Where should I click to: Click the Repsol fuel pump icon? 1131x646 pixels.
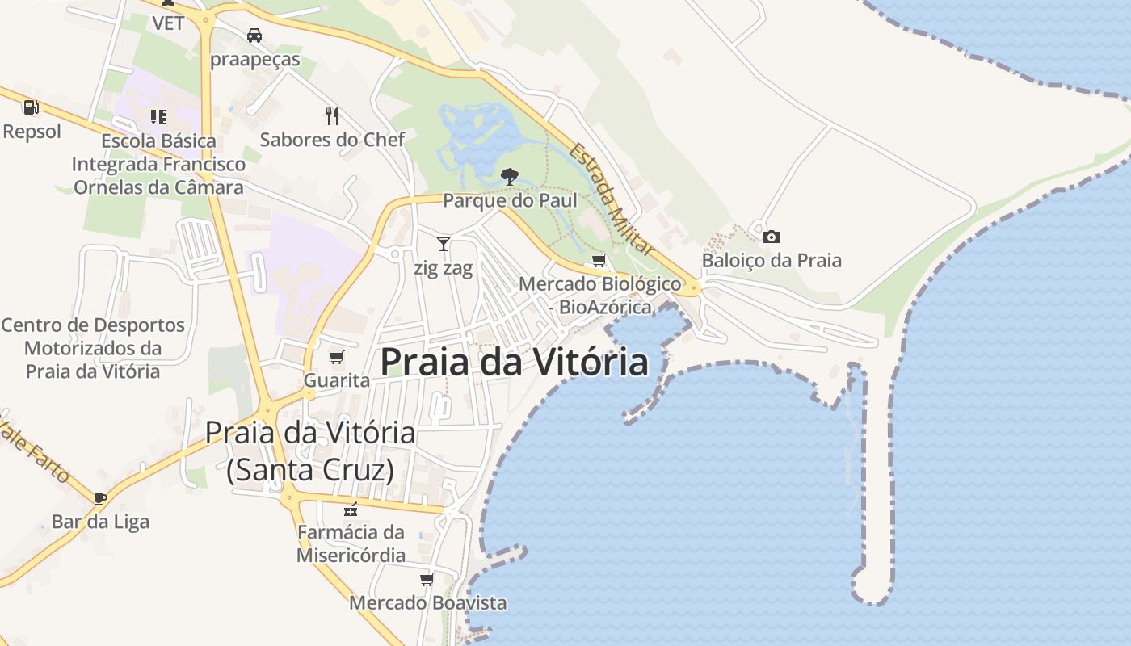point(31,107)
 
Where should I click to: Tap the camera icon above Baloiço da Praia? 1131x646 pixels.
point(772,237)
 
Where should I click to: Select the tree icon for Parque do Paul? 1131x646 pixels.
point(509,175)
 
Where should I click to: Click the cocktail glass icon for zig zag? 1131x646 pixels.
point(443,243)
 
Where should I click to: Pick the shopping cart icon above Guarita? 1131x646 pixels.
point(337,357)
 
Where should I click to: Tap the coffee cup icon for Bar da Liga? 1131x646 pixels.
point(100,497)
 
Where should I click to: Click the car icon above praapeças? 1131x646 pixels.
point(254,35)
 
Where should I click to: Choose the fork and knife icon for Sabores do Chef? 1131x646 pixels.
point(332,115)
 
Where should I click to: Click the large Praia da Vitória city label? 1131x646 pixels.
point(514,362)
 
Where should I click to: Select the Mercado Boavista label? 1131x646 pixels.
point(427,602)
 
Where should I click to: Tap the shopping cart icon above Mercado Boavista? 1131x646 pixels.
point(427,579)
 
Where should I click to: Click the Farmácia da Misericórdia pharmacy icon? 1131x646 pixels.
point(351,509)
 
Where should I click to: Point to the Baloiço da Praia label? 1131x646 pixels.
point(772,260)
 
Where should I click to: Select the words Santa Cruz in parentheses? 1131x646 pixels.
point(310,469)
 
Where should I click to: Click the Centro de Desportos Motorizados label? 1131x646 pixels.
point(93,348)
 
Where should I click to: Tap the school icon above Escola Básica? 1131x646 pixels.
point(158,117)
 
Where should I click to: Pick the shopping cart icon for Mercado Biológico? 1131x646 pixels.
point(599,260)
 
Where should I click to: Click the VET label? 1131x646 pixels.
point(169,23)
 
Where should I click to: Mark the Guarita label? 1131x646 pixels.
point(337,380)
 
